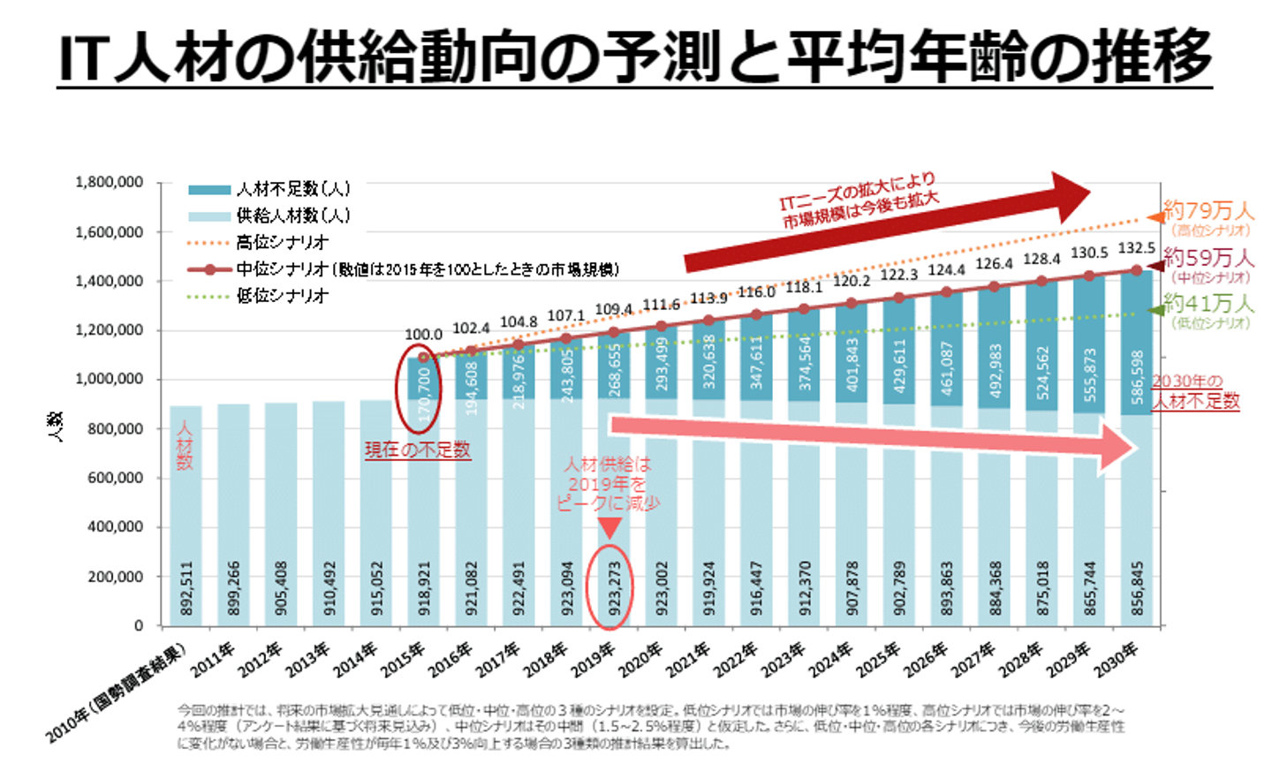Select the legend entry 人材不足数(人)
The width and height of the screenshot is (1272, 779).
[293, 189]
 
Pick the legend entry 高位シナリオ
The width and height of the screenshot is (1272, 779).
[282, 242]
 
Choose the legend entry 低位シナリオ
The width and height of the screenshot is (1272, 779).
[282, 296]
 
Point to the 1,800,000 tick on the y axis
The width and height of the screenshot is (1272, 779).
[110, 183]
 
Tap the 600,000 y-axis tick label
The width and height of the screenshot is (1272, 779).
[115, 478]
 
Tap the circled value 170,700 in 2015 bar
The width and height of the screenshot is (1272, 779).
[425, 393]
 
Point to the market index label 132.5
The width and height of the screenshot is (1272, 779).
[1136, 248]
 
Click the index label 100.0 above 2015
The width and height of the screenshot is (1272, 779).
[423, 335]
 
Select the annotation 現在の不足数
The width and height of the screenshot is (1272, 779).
[417, 450]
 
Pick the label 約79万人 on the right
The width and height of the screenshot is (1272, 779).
[1208, 211]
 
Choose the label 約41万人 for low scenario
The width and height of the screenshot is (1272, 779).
[1208, 304]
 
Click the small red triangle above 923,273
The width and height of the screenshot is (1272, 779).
[609, 528]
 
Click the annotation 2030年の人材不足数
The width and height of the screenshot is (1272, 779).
[1195, 391]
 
